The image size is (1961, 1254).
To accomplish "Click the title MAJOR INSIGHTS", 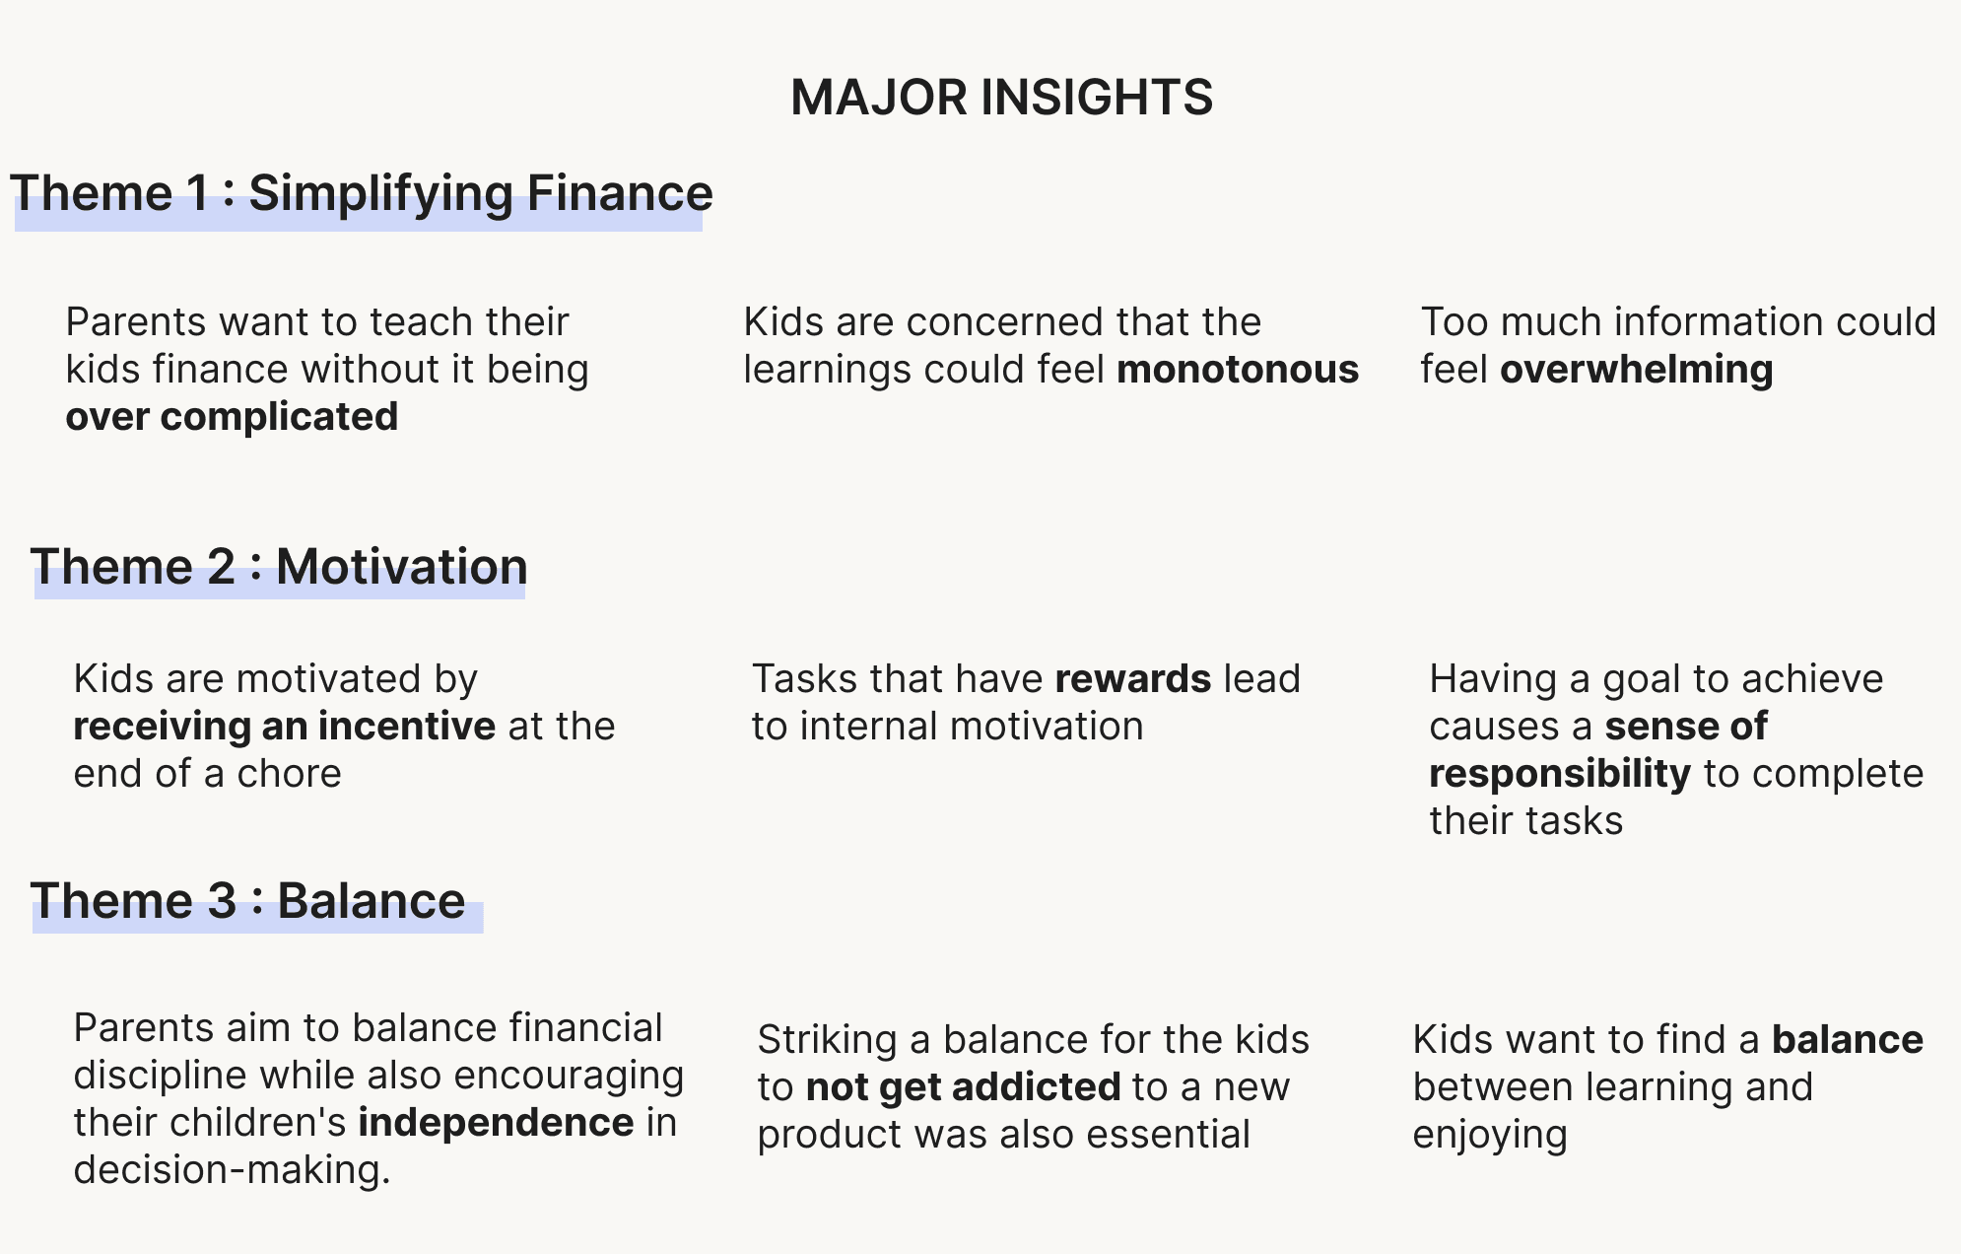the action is [1001, 98].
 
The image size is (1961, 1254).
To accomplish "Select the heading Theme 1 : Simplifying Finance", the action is [361, 193].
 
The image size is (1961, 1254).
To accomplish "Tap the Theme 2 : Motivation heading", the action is [279, 567].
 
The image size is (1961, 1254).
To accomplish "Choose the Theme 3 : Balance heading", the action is [247, 901].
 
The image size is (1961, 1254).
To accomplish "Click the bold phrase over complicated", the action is [232, 417].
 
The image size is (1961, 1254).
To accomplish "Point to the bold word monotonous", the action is [1238, 370].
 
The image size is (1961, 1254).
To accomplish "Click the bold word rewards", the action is [1133, 679].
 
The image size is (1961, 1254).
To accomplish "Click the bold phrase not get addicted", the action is [964, 1087].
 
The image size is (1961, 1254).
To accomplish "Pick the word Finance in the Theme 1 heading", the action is [620, 193].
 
